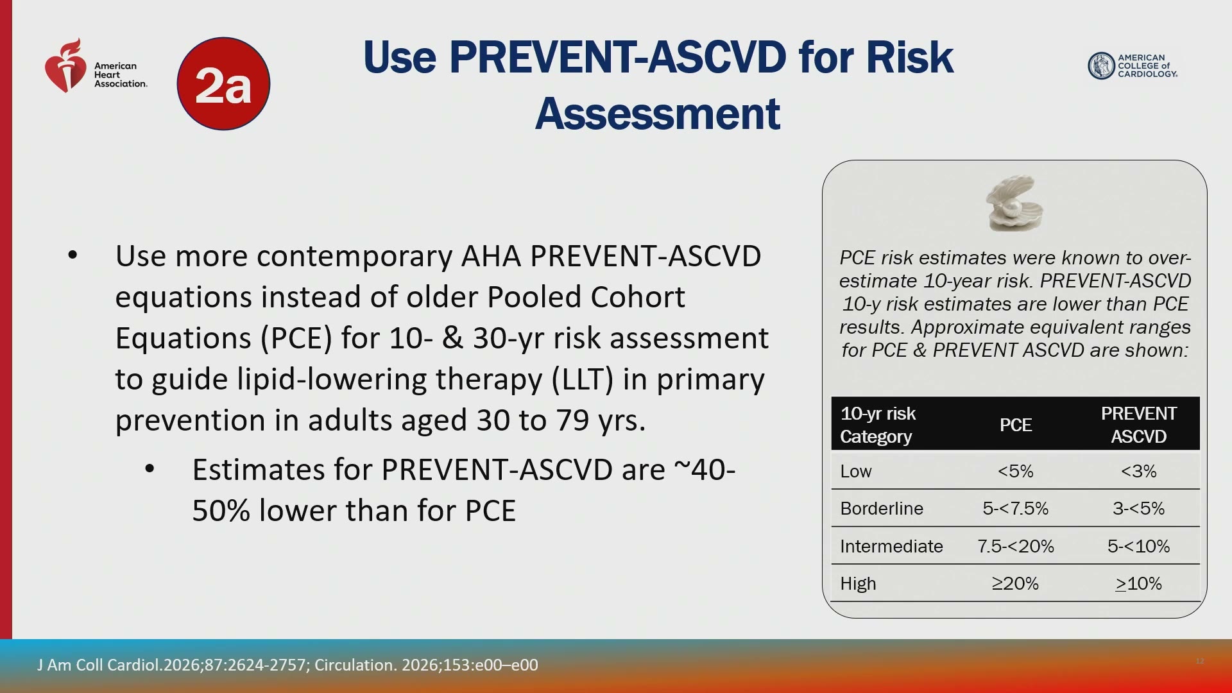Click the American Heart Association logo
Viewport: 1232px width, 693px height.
click(96, 65)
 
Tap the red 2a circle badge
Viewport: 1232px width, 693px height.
click(223, 84)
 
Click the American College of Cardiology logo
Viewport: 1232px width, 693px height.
click(1133, 65)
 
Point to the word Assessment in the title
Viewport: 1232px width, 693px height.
click(658, 114)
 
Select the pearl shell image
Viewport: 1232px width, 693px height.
click(1014, 203)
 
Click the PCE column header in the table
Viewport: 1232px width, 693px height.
click(1015, 425)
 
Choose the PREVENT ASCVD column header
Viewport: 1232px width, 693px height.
click(1138, 425)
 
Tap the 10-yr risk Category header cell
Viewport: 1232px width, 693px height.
click(878, 425)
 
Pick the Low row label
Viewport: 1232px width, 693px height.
click(856, 471)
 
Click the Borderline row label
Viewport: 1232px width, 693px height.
click(882, 508)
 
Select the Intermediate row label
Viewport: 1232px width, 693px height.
click(891, 546)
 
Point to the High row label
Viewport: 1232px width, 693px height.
click(858, 583)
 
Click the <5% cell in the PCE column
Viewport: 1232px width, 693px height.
click(1015, 471)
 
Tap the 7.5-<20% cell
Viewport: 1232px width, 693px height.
click(1015, 546)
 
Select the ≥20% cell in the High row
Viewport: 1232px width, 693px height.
click(1015, 583)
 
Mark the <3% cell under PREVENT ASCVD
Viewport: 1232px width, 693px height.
click(1138, 471)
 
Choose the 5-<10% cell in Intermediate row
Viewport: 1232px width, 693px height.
click(1138, 546)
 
